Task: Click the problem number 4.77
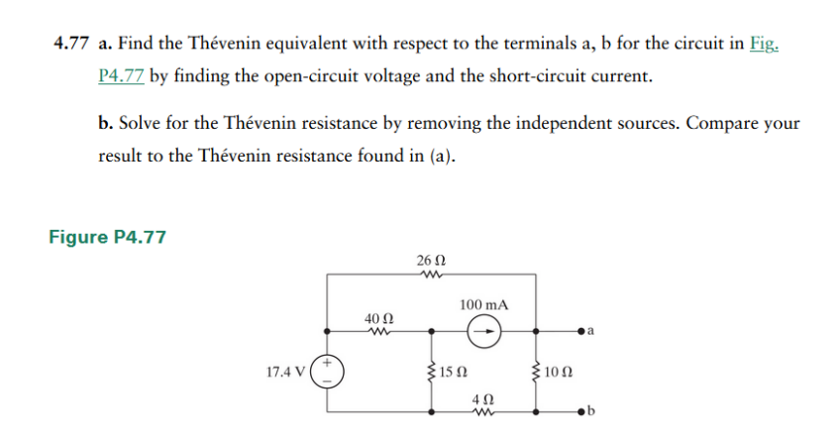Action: [71, 46]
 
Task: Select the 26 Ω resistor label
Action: [432, 260]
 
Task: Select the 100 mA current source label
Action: [484, 304]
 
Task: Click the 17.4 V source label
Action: [285, 374]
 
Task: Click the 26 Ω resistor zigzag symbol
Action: [432, 276]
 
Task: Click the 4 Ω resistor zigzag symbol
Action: [482, 410]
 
